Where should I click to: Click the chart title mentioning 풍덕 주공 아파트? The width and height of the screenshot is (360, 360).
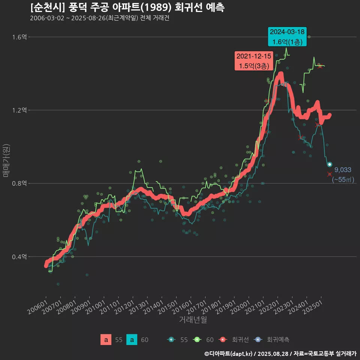click(127, 7)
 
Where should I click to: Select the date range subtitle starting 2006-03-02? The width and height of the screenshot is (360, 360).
click(100, 18)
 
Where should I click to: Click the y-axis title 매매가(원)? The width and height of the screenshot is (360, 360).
click(6, 160)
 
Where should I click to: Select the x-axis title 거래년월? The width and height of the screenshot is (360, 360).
click(193, 319)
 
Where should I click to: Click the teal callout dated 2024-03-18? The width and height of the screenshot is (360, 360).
click(288, 37)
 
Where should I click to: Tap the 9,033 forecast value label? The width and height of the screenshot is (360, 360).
click(343, 170)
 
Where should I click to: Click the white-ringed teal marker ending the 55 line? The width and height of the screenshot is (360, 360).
click(330, 165)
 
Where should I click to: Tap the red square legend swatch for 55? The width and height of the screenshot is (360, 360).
click(106, 340)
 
